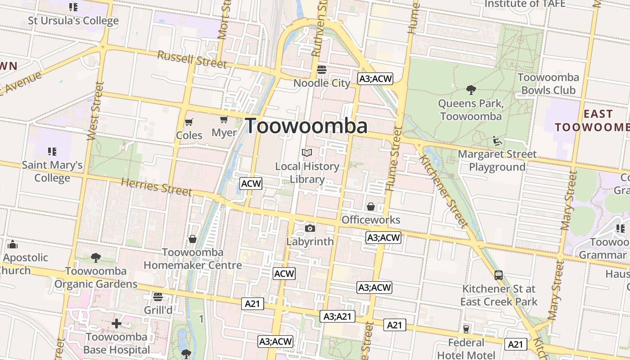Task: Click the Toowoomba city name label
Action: tap(306, 126)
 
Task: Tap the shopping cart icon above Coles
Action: tap(189, 122)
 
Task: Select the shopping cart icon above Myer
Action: tap(224, 120)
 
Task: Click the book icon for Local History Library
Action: tap(307, 153)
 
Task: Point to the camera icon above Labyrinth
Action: tap(310, 228)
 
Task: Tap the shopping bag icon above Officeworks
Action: tap(371, 207)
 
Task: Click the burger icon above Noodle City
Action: tap(321, 69)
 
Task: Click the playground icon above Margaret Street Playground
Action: tap(497, 141)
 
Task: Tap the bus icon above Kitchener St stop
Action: tap(499, 275)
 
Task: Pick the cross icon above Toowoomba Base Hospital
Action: tap(117, 324)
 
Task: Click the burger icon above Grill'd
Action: tap(157, 297)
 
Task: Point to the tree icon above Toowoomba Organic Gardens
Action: tap(95, 258)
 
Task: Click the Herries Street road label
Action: tap(157, 186)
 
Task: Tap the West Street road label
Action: tap(95, 111)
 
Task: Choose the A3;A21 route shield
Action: tap(337, 316)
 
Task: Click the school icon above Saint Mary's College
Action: tap(52, 151)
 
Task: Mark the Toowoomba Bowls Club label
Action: tap(548, 84)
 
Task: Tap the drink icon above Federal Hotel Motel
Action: tap(466, 329)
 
